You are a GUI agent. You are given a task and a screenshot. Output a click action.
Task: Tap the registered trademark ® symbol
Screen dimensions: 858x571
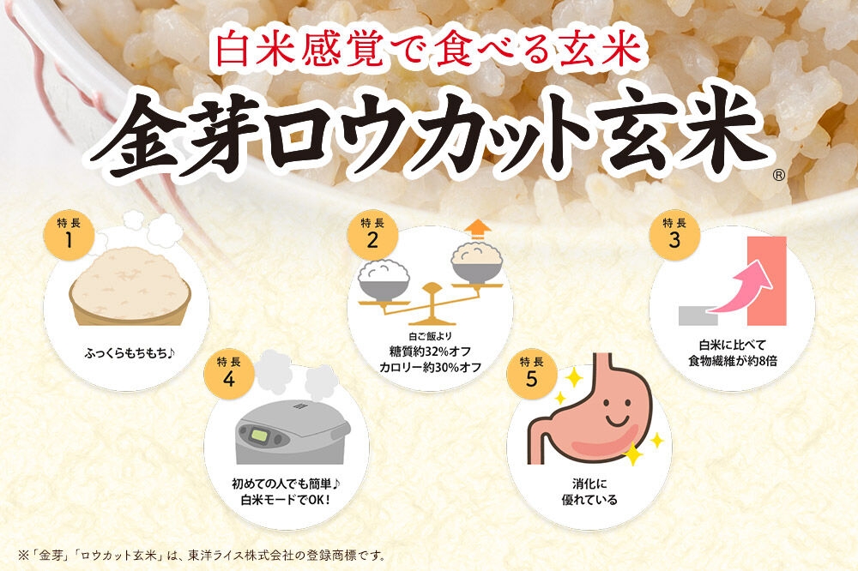pyautogui.click(x=779, y=175)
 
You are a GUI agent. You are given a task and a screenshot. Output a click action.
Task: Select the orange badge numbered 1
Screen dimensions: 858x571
pyautogui.click(x=69, y=235)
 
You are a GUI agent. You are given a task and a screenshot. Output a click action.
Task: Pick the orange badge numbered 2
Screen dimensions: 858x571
pyautogui.click(x=372, y=235)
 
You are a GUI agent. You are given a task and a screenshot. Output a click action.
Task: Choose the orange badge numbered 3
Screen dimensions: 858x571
pyautogui.click(x=674, y=235)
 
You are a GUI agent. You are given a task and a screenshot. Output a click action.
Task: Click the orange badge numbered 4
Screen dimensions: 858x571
pyautogui.click(x=229, y=374)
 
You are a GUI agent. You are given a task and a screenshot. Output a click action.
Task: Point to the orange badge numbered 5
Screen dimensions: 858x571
pyautogui.click(x=532, y=374)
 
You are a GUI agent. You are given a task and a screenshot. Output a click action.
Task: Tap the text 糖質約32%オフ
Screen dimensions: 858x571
pyautogui.click(x=430, y=351)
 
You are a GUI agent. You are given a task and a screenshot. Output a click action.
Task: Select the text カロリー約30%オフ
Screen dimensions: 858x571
pyautogui.click(x=430, y=368)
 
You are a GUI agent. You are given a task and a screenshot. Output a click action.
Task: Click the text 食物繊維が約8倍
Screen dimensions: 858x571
pyautogui.click(x=732, y=361)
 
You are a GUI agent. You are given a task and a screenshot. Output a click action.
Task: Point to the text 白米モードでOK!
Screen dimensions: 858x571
pyautogui.click(x=287, y=500)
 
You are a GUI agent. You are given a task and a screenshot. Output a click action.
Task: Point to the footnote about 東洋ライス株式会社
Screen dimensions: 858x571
pyautogui.click(x=202, y=556)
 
